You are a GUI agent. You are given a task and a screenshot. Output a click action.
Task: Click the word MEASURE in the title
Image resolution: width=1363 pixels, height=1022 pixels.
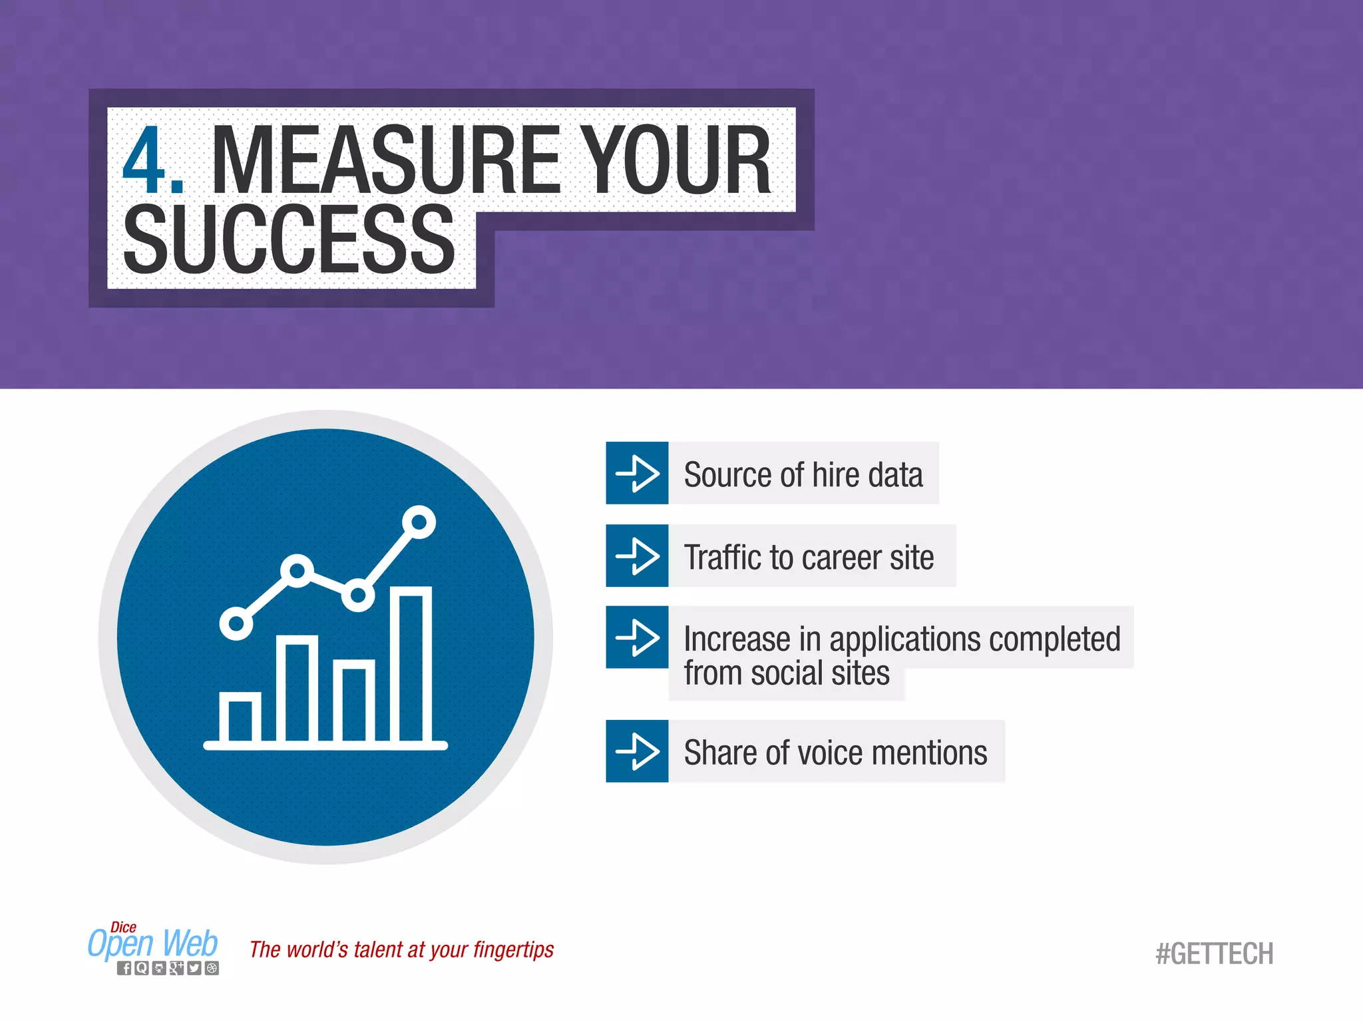tap(385, 161)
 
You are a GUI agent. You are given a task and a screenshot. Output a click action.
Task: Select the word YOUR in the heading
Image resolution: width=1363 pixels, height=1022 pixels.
tap(676, 161)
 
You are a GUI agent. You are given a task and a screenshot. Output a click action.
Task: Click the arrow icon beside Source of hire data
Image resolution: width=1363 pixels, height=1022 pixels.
tap(637, 473)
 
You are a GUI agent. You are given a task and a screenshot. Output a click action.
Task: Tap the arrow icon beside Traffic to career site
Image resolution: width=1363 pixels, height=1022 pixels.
tap(637, 556)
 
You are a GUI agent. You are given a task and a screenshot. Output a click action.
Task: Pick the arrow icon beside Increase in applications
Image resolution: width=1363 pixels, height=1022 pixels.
tap(637, 637)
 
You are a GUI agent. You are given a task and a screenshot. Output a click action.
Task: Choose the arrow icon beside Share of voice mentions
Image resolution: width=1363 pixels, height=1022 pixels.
tap(637, 751)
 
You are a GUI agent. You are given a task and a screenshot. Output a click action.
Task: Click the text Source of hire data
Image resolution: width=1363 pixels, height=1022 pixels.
tap(803, 475)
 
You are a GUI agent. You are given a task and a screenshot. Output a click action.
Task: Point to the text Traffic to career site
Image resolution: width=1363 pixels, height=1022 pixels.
tap(809, 558)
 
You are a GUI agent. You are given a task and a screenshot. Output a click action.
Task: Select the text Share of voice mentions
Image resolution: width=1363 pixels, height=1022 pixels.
tap(835, 753)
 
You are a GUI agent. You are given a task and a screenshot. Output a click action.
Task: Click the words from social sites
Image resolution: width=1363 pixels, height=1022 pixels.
tap(786, 673)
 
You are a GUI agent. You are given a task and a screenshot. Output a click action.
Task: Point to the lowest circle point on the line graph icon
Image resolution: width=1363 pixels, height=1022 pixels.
tap(236, 624)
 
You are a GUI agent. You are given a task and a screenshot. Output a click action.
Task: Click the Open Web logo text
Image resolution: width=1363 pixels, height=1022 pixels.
tap(153, 944)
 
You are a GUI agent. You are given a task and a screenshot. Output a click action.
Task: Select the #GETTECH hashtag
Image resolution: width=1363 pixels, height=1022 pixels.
tap(1214, 954)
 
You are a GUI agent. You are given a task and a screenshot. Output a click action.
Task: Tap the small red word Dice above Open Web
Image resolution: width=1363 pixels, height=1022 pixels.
tap(123, 927)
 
